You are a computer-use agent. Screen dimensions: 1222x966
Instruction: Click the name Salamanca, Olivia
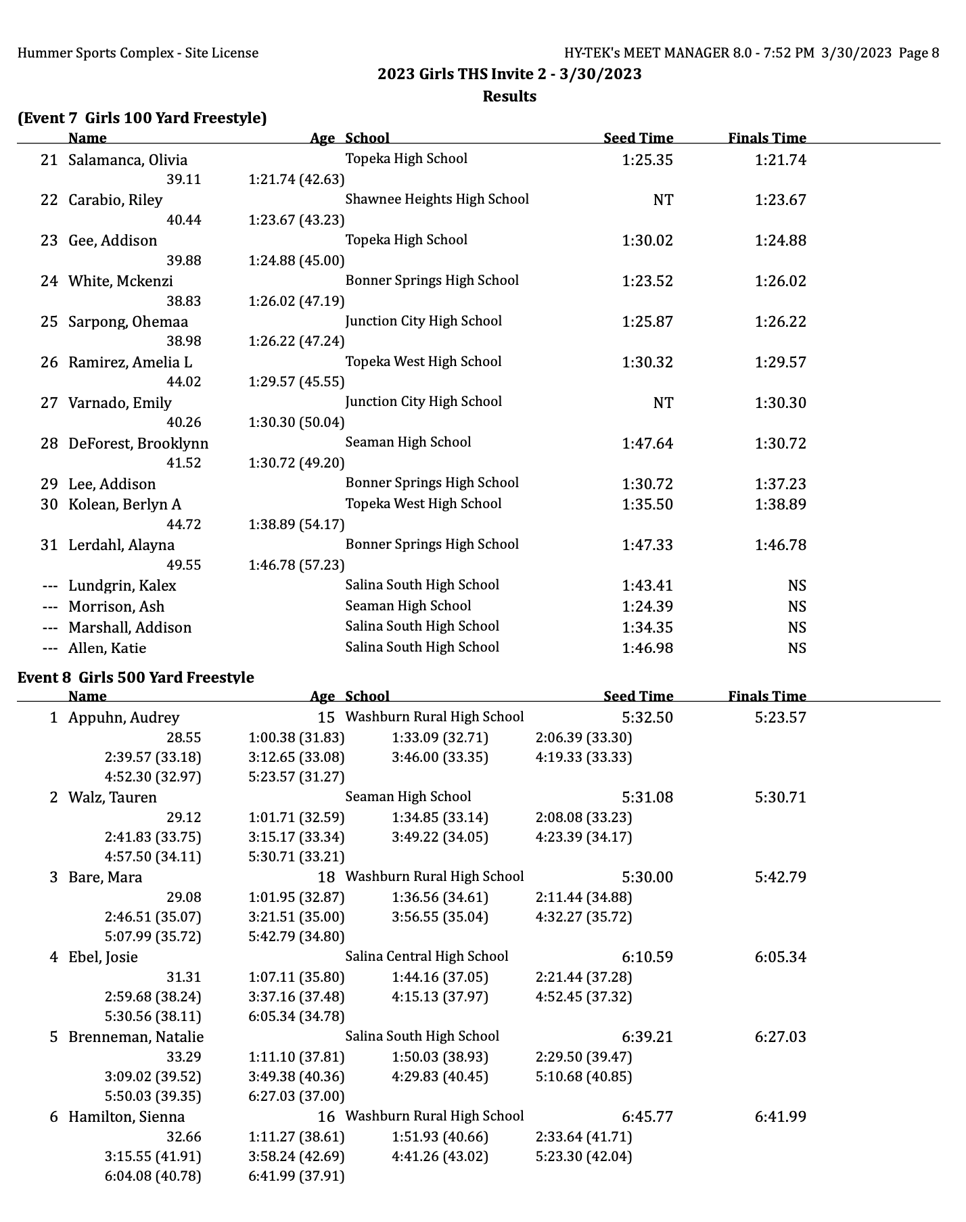pyautogui.click(x=128, y=160)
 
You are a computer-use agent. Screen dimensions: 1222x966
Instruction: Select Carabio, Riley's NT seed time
pyautogui.click(x=663, y=200)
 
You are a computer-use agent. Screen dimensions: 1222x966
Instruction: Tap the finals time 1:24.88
pyautogui.click(x=781, y=241)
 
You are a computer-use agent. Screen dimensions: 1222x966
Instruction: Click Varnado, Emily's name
pyautogui.click(x=120, y=403)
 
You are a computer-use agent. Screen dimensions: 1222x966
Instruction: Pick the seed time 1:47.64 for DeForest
pyautogui.click(x=647, y=444)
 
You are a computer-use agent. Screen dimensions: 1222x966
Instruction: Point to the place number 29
pyautogui.click(x=49, y=484)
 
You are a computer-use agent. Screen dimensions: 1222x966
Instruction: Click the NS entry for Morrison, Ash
pyautogui.click(x=797, y=607)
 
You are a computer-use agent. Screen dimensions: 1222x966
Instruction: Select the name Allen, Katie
pyautogui.click(x=107, y=648)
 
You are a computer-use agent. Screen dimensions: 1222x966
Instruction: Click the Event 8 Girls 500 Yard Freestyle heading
pyautogui.click(x=136, y=677)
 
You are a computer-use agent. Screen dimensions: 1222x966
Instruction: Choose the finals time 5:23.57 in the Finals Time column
pyautogui.click(x=781, y=718)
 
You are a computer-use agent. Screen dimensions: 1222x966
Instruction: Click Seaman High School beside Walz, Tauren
pyautogui.click(x=408, y=797)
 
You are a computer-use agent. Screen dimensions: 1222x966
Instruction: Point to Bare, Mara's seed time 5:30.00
pyautogui.click(x=647, y=878)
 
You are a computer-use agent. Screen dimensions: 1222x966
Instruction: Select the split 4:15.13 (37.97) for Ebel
pyautogui.click(x=440, y=997)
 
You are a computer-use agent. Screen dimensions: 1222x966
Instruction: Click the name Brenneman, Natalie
pyautogui.click(x=136, y=1037)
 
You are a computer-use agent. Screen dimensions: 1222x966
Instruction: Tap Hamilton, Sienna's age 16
pyautogui.click(x=326, y=1117)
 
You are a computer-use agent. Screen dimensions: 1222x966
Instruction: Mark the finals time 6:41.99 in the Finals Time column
pyautogui.click(x=781, y=1117)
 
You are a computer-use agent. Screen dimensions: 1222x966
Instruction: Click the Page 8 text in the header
pyautogui.click(x=919, y=53)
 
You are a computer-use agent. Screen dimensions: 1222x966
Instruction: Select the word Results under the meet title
pyautogui.click(x=509, y=97)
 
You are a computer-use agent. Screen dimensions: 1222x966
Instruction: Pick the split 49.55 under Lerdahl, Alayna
pyautogui.click(x=183, y=565)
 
